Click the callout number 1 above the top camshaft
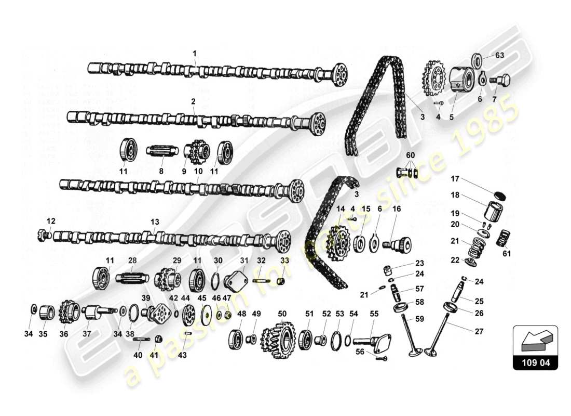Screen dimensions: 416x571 point(195,53)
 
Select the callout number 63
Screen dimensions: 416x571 point(499,55)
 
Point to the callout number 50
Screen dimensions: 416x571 point(282,314)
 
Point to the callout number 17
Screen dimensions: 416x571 point(455,178)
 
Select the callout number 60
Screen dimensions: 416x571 point(411,155)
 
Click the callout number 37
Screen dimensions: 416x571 point(86,334)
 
